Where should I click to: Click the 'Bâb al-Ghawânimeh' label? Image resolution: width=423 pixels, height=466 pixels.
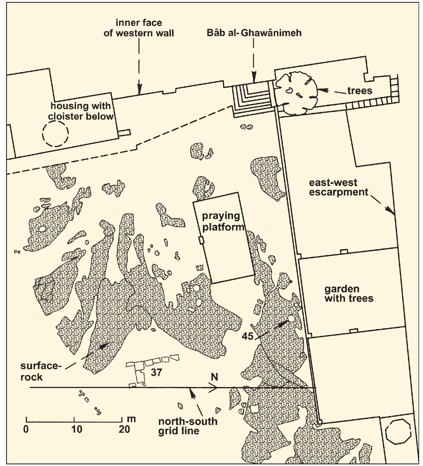[x=254, y=33]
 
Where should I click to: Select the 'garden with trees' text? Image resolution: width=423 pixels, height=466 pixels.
[x=349, y=294]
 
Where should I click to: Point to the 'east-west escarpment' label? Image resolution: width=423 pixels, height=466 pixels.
[x=339, y=187]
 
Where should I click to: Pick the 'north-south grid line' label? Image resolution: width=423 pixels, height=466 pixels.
[x=188, y=426]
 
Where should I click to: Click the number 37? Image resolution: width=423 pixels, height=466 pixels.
[x=156, y=372]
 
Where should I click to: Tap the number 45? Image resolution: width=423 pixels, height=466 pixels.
[x=248, y=336]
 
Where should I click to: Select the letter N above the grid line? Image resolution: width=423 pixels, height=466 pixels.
[x=214, y=377]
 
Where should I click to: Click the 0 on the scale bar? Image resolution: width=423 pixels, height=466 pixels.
[x=26, y=429]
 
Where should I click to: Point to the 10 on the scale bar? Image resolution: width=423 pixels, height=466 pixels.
[x=77, y=429]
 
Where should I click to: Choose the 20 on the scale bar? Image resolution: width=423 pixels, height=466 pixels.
[x=124, y=429]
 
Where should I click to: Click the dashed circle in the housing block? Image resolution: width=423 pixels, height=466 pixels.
[x=55, y=134]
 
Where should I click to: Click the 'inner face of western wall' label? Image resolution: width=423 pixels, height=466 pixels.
[x=139, y=28]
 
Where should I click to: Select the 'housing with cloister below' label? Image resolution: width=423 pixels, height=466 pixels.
[x=81, y=111]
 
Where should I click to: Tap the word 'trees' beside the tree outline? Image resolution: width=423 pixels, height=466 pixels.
[x=360, y=91]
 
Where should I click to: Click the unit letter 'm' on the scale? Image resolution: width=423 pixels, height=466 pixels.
[x=131, y=419]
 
